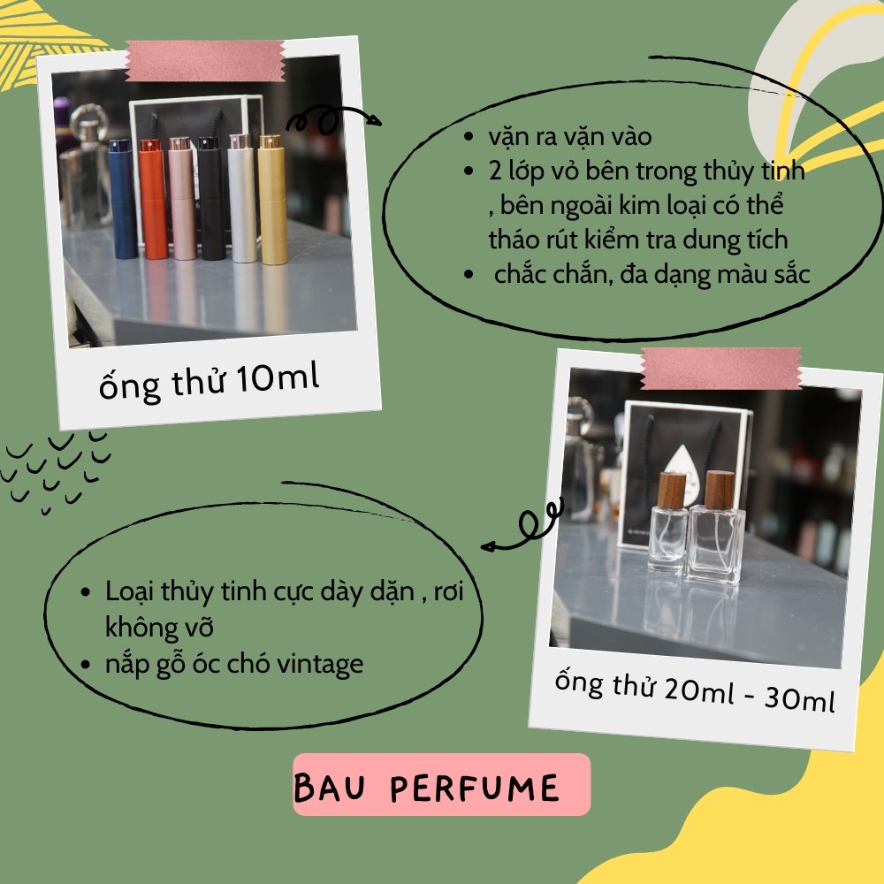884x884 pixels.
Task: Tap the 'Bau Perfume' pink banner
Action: (441, 785)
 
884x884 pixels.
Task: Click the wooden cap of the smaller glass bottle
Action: (673, 491)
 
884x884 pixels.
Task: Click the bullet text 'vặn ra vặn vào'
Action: (569, 139)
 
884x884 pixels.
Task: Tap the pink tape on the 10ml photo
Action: (205, 61)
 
